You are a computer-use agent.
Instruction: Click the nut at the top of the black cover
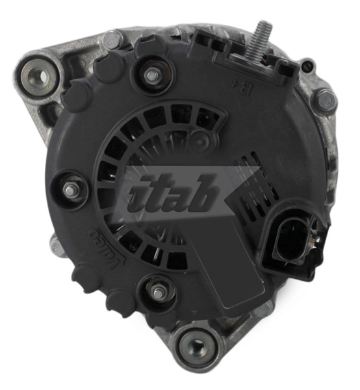[x=152, y=75]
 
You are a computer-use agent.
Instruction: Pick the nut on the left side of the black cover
[x=71, y=190]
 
